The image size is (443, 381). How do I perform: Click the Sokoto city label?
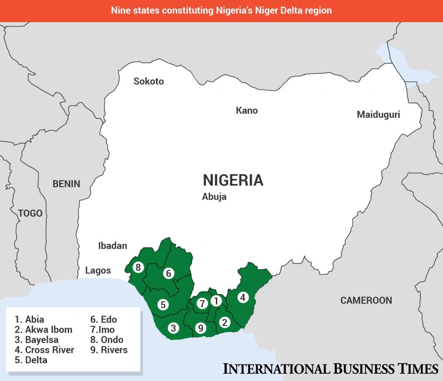click(148, 81)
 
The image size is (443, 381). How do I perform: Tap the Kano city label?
click(247, 110)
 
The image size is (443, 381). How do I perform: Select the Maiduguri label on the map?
click(378, 114)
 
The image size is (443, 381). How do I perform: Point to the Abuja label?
click(214, 197)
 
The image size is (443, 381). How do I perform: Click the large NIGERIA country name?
click(233, 180)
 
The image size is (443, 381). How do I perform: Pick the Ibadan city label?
click(113, 246)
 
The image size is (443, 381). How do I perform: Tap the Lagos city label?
click(98, 271)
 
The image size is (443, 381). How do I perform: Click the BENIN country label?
click(66, 183)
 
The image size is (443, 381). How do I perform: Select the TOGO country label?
click(30, 213)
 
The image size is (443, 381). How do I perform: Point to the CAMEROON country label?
click(366, 300)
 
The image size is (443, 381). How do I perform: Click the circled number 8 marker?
click(138, 267)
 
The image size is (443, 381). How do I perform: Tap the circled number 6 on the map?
click(168, 273)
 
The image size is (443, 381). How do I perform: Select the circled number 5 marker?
click(162, 305)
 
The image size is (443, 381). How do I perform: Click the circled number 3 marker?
click(173, 328)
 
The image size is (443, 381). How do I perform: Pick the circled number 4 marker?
click(243, 297)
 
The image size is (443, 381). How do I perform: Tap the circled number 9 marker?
click(200, 328)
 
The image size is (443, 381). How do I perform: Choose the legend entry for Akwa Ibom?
click(44, 330)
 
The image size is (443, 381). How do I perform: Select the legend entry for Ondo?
click(107, 340)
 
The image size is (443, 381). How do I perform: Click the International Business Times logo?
click(330, 368)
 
